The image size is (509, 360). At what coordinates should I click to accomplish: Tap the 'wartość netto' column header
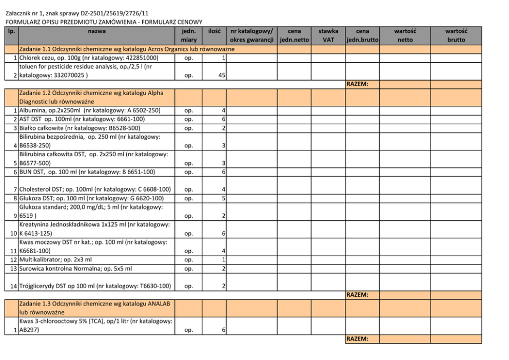click(x=405, y=35)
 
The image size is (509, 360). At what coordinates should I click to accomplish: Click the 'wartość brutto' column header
click(x=456, y=35)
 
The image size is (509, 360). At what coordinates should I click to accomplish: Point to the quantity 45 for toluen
click(x=221, y=75)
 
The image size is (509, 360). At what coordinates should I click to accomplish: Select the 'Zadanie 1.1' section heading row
click(x=126, y=49)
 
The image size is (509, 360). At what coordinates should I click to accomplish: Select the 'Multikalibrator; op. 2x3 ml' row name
click(x=55, y=260)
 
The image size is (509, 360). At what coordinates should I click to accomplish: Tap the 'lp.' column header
click(x=11, y=31)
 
